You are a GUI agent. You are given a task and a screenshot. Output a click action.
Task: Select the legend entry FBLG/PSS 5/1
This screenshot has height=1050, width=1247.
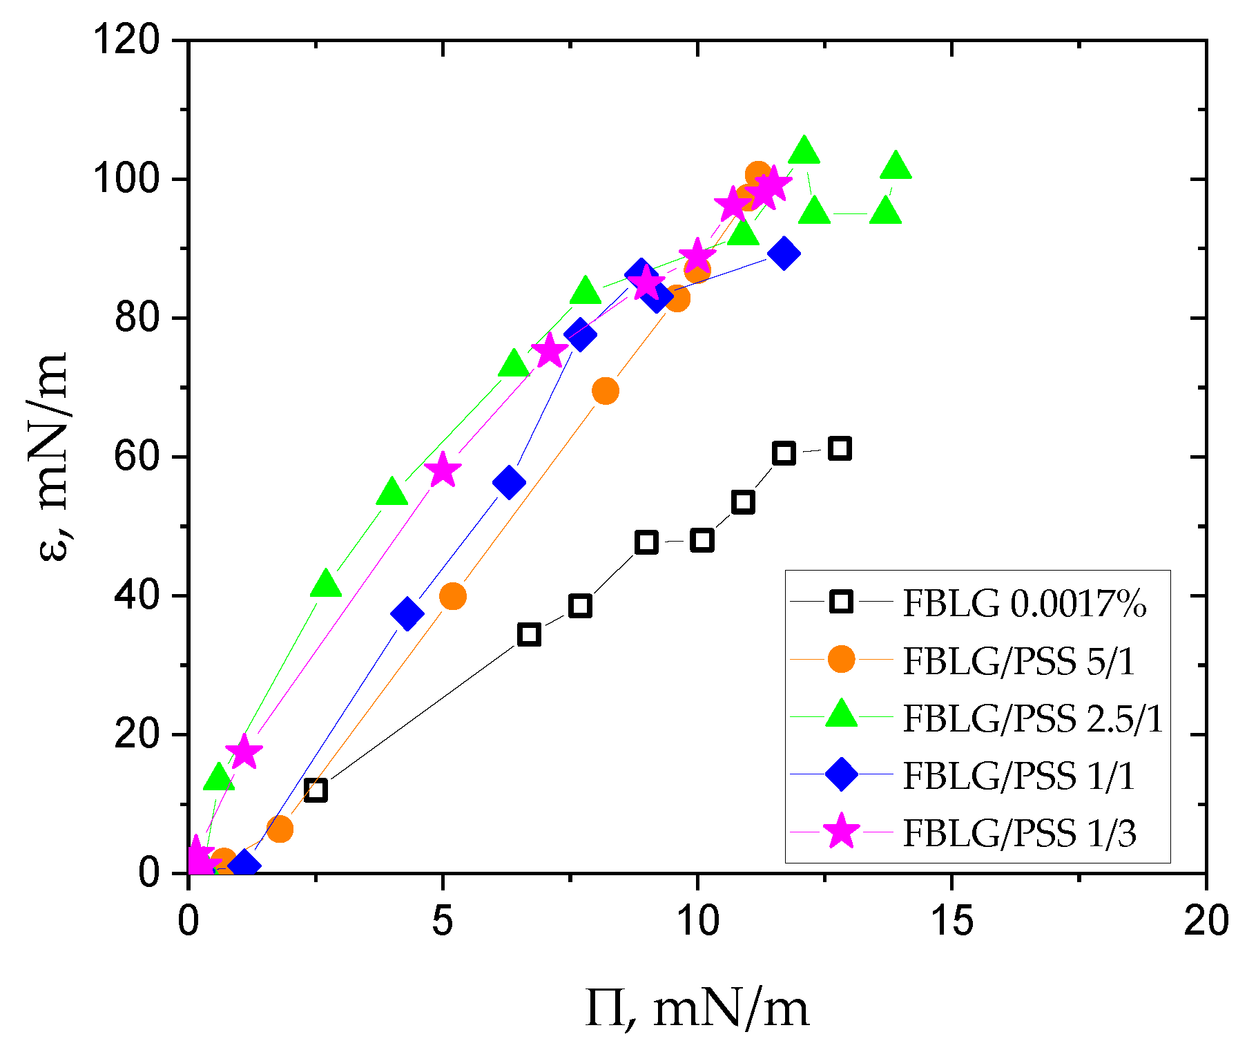tap(1018, 661)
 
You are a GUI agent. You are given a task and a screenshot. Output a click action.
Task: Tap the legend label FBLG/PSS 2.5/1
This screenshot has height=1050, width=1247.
tap(1033, 718)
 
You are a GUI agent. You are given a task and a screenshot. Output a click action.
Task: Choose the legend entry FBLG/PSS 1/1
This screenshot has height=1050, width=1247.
tap(1018, 776)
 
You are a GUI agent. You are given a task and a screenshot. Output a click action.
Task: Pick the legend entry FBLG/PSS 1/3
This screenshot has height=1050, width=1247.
tap(1018, 833)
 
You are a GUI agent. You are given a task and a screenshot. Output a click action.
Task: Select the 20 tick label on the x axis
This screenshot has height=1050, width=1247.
tap(1206, 922)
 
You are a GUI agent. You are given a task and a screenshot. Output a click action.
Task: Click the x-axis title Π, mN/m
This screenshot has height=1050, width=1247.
tap(697, 1008)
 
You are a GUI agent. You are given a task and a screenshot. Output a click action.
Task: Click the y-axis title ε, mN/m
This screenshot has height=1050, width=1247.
tap(52, 457)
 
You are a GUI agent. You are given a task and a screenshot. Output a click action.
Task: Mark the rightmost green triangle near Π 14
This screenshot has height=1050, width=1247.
tap(896, 166)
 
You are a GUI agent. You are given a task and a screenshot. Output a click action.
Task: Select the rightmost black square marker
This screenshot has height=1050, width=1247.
tap(839, 448)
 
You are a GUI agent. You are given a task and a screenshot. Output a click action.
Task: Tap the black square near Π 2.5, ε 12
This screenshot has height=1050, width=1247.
tap(316, 790)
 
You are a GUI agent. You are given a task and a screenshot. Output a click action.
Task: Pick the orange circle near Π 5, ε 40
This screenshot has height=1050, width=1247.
tap(452, 595)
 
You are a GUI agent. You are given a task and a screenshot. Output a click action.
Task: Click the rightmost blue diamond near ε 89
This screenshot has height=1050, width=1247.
tap(783, 254)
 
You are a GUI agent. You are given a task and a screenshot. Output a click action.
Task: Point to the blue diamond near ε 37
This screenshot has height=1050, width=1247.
tap(407, 613)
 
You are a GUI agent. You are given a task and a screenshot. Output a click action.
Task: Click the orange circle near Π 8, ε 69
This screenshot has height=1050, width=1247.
tap(605, 391)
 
